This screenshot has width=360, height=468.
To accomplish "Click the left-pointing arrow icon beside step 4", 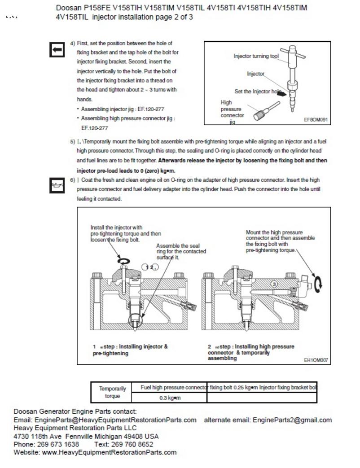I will pyautogui.click(x=57, y=50).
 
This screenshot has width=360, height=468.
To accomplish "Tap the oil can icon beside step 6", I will pyautogui.click(x=57, y=185).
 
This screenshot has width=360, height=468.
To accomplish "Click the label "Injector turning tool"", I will pyautogui.click(x=256, y=56).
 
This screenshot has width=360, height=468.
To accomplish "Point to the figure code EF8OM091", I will pyautogui.click(x=316, y=120).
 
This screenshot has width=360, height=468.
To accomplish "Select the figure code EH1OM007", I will pyautogui.click(x=316, y=359).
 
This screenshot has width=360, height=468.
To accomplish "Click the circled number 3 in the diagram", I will pyautogui.click(x=275, y=284).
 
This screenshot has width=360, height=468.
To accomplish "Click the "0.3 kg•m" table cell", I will pyautogui.click(x=170, y=398).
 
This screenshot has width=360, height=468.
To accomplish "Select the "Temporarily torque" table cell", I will pyautogui.click(x=112, y=393).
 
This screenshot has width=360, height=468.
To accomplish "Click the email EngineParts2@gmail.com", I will pyautogui.click(x=292, y=420).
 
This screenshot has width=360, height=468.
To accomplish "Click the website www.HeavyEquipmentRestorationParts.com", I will pyautogui.click(x=109, y=452).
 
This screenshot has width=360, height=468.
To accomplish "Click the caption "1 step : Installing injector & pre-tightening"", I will pyautogui.click(x=130, y=350).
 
